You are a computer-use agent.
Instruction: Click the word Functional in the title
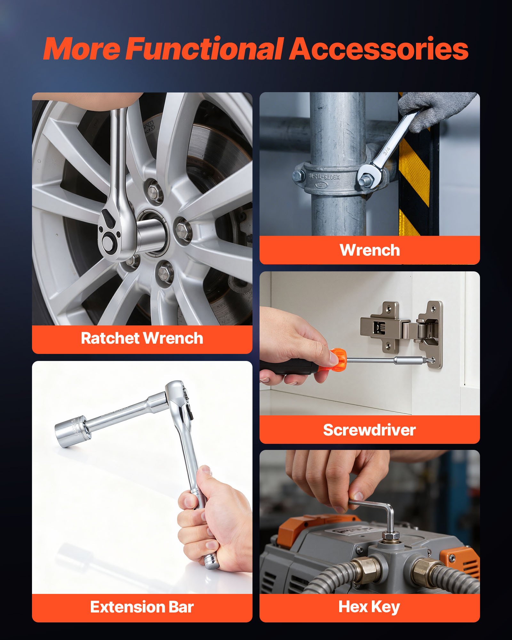pos(205,49)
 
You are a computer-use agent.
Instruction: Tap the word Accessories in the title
pos(379,49)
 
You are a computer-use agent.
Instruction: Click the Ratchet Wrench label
pos(142,338)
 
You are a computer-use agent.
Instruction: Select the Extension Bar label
pos(142,607)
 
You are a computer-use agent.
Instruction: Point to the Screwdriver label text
pos(369,430)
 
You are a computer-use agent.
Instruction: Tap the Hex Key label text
pos(369,607)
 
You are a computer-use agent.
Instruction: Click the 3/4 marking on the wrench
pos(387,151)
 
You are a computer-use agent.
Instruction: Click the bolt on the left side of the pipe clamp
pos(299,176)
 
